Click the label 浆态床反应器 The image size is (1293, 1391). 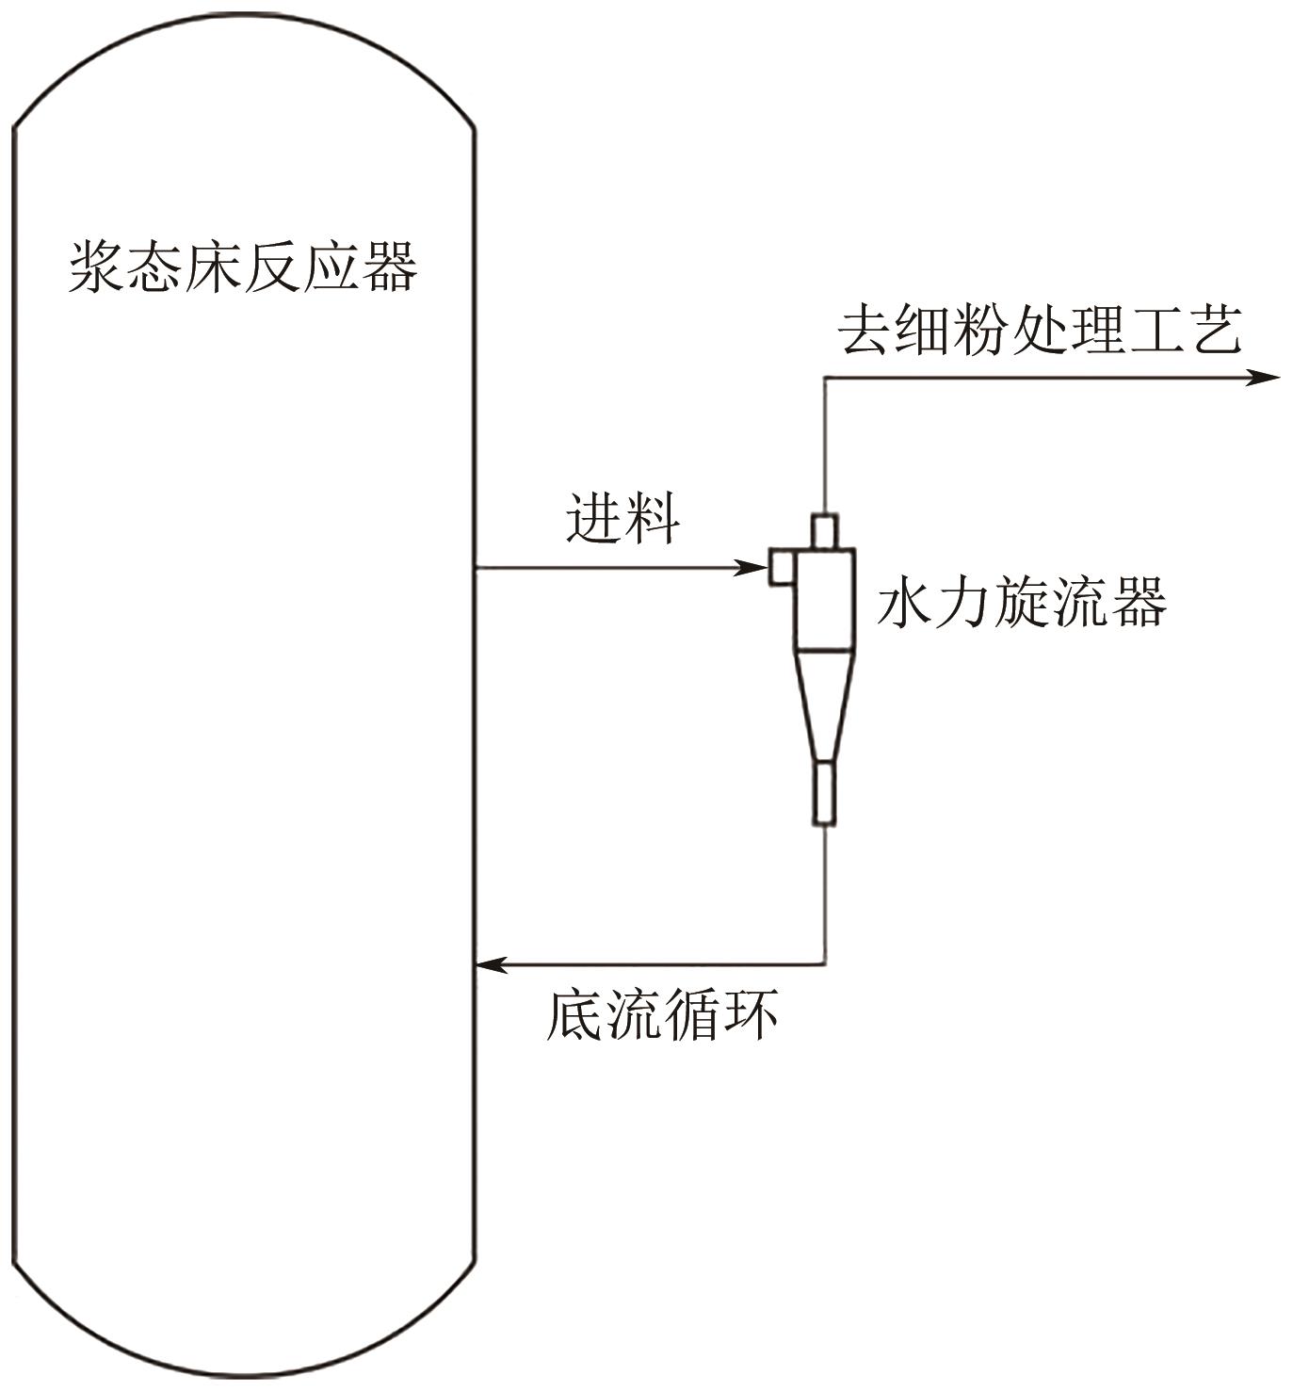[243, 267]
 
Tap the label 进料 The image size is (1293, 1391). [622, 517]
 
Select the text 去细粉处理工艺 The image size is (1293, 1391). [1040, 330]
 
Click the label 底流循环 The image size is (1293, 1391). [663, 1014]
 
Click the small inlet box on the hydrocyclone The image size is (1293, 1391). [783, 567]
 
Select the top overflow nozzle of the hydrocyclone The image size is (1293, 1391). [825, 530]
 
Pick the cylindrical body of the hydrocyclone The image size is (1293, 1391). [826, 599]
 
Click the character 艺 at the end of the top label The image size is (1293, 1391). [1215, 330]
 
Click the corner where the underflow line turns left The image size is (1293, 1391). [826, 963]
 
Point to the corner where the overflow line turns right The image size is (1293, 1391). [825, 378]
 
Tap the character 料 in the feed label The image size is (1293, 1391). [651, 517]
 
